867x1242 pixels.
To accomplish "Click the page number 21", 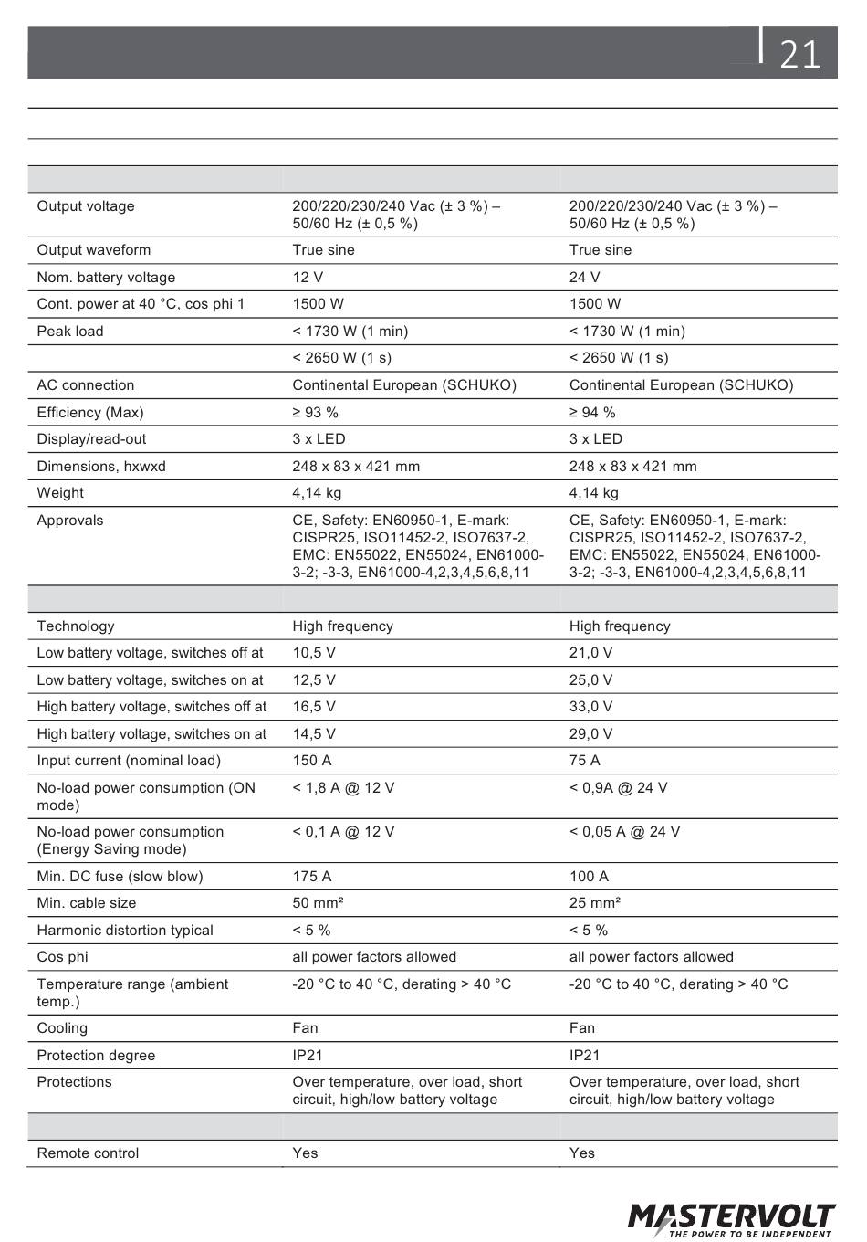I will click(800, 55).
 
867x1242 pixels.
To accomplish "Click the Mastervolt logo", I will click(731, 1219).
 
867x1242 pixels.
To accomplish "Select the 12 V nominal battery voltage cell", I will click(308, 278).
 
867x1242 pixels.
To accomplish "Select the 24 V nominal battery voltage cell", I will click(585, 278).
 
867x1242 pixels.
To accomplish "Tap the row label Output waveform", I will click(94, 250).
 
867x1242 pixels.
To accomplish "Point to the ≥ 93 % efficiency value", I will click(316, 413).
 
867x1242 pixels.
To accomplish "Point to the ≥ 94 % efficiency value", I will click(592, 413).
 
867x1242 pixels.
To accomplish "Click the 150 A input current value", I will click(312, 761).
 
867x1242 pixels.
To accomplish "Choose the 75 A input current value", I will click(585, 761).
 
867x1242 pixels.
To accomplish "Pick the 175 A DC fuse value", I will click(312, 877).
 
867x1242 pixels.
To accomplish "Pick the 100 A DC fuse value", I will click(589, 877).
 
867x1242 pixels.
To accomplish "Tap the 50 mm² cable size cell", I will click(318, 903).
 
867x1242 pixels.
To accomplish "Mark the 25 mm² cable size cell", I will click(595, 903).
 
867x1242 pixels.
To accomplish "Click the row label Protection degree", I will click(96, 1056).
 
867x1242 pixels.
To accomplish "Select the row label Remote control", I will click(88, 1153).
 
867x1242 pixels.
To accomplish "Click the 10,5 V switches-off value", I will click(314, 653).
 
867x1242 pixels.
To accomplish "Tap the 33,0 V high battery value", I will click(591, 707).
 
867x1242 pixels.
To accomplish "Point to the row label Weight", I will click(60, 493).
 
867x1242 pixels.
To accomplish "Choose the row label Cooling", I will click(62, 1028).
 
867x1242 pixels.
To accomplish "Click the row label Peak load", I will click(70, 332).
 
